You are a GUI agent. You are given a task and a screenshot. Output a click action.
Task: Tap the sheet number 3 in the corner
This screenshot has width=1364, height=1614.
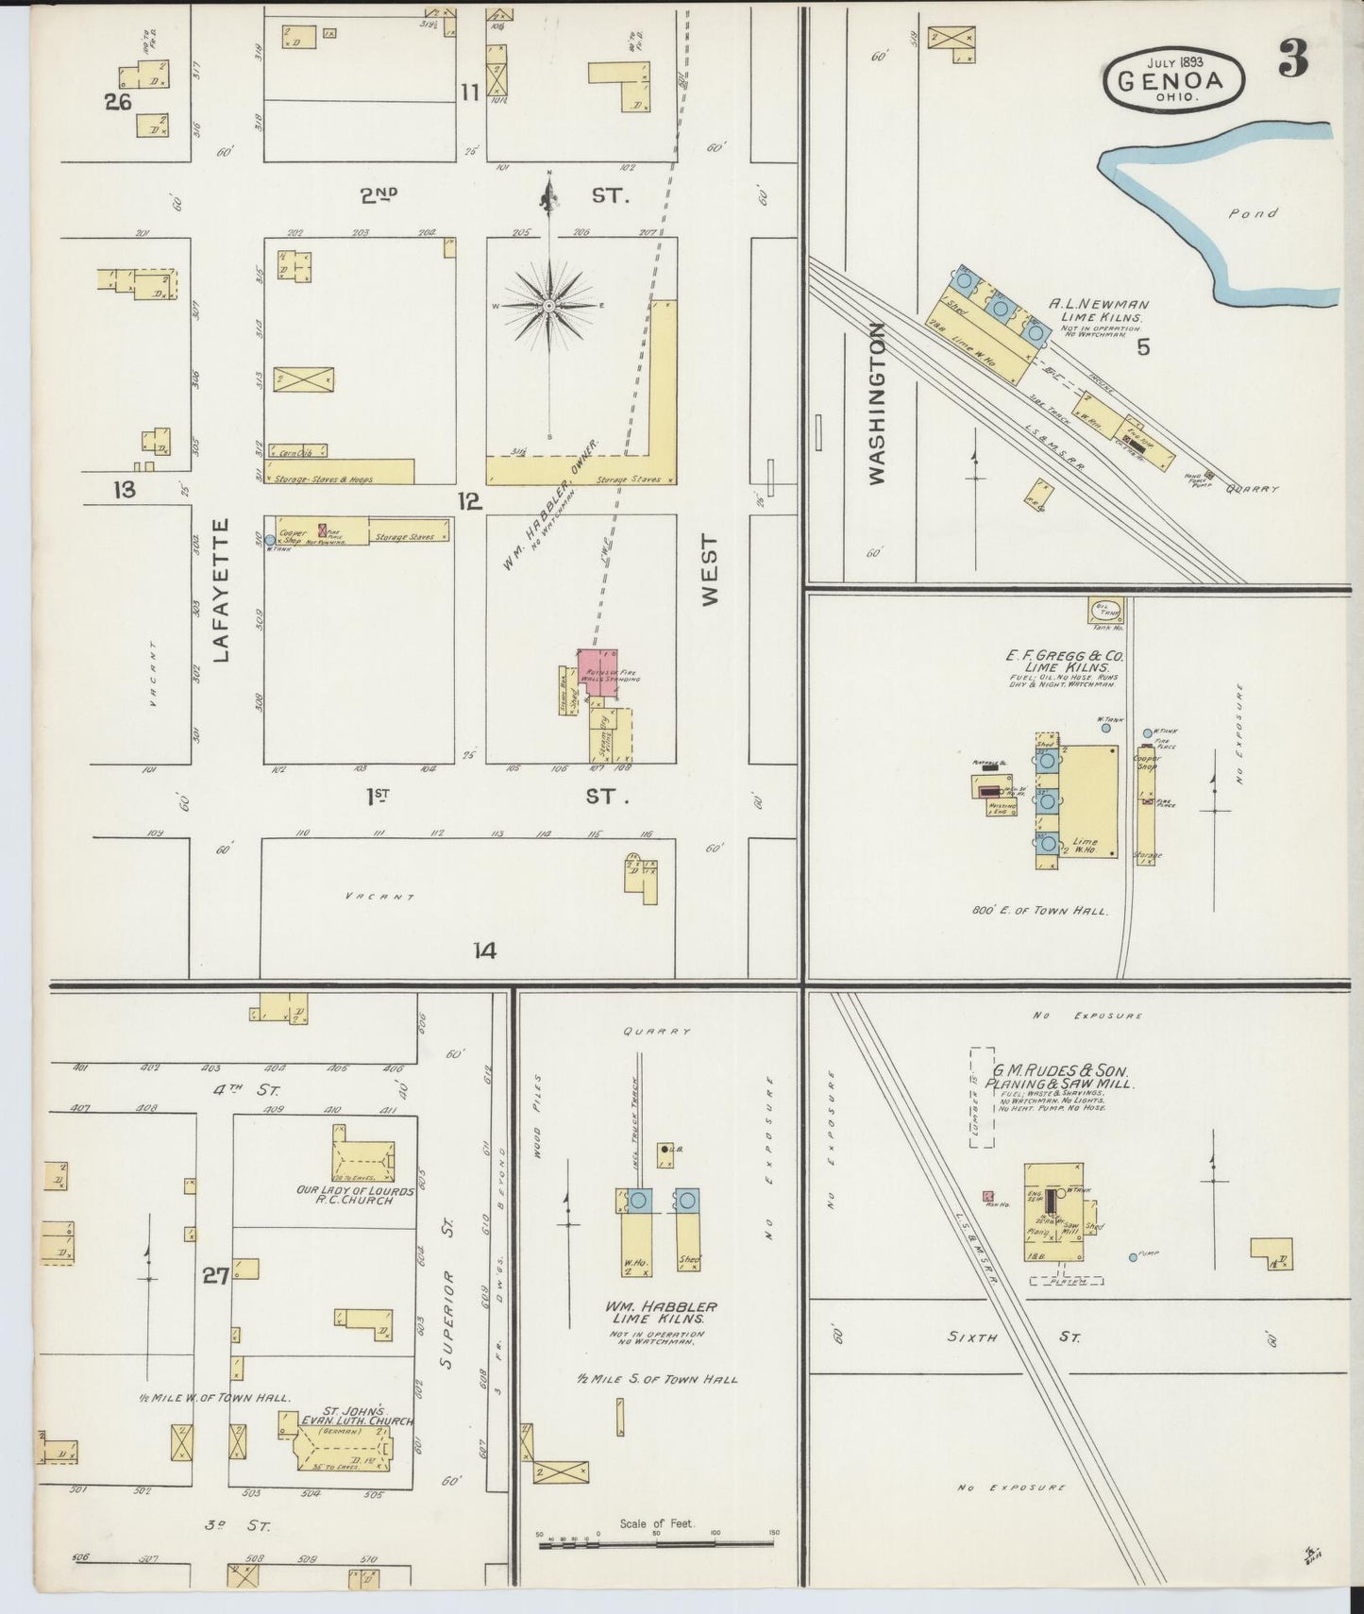(x=1294, y=60)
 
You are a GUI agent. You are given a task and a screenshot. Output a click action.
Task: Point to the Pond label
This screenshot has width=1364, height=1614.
(x=1253, y=214)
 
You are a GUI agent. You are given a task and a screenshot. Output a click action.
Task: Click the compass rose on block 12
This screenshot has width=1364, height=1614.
(x=548, y=307)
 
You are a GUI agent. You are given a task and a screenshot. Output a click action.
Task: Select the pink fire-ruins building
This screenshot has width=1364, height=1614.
(x=598, y=673)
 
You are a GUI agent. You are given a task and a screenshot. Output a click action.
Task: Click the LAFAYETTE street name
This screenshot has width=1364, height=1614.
(x=223, y=590)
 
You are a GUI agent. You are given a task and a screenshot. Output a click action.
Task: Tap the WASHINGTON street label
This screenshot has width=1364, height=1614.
(x=877, y=404)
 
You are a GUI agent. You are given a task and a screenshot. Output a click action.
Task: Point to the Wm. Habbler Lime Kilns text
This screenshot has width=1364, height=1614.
(x=659, y=1312)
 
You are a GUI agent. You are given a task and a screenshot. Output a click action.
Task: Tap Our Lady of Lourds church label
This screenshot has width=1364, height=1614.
(x=354, y=1195)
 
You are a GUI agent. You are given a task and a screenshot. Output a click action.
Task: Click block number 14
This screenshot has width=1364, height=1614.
(x=484, y=951)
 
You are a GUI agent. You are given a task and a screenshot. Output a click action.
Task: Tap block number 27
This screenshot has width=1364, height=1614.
(x=216, y=1276)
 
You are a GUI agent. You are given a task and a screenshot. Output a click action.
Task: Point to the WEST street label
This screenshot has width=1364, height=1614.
(x=710, y=570)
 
